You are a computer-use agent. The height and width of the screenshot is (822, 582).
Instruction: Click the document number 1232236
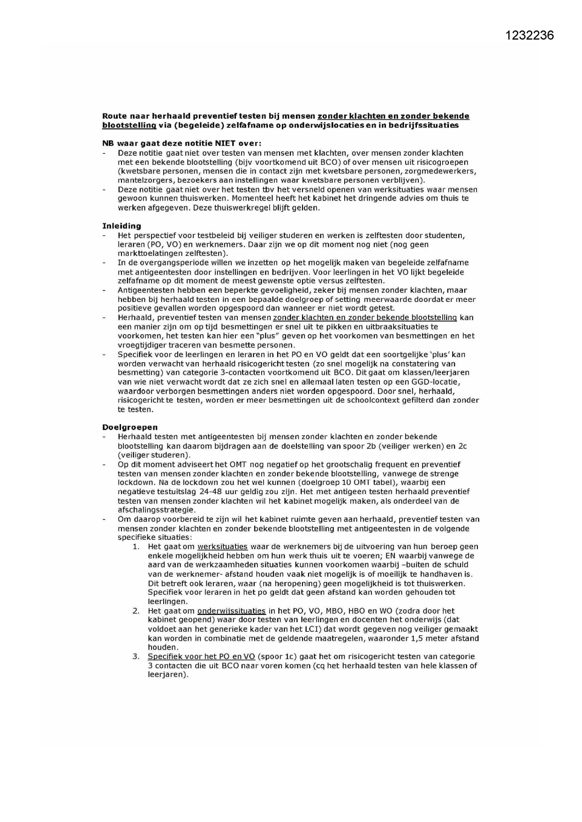(530, 36)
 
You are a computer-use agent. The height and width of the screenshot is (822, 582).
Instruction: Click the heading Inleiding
(121, 226)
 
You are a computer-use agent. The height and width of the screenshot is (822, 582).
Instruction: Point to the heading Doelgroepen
(130, 427)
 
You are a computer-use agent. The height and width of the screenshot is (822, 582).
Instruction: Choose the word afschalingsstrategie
(156, 510)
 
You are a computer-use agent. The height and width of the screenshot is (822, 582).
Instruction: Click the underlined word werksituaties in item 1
(222, 546)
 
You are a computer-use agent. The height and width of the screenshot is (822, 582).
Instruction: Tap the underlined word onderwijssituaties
(232, 611)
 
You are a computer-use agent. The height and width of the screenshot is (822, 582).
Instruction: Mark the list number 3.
(136, 657)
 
